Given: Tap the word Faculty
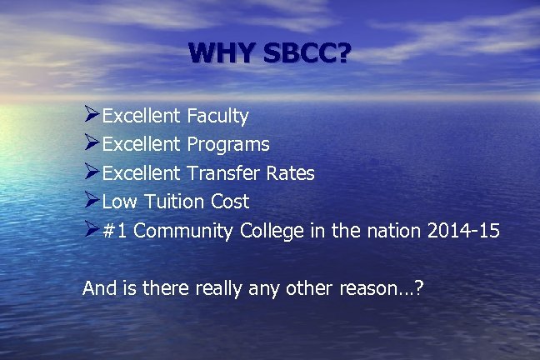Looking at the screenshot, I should tap(217, 116).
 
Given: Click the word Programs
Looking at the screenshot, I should tap(228, 145).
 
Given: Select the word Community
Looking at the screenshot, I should tap(182, 231).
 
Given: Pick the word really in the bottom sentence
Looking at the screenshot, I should tap(222, 288).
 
